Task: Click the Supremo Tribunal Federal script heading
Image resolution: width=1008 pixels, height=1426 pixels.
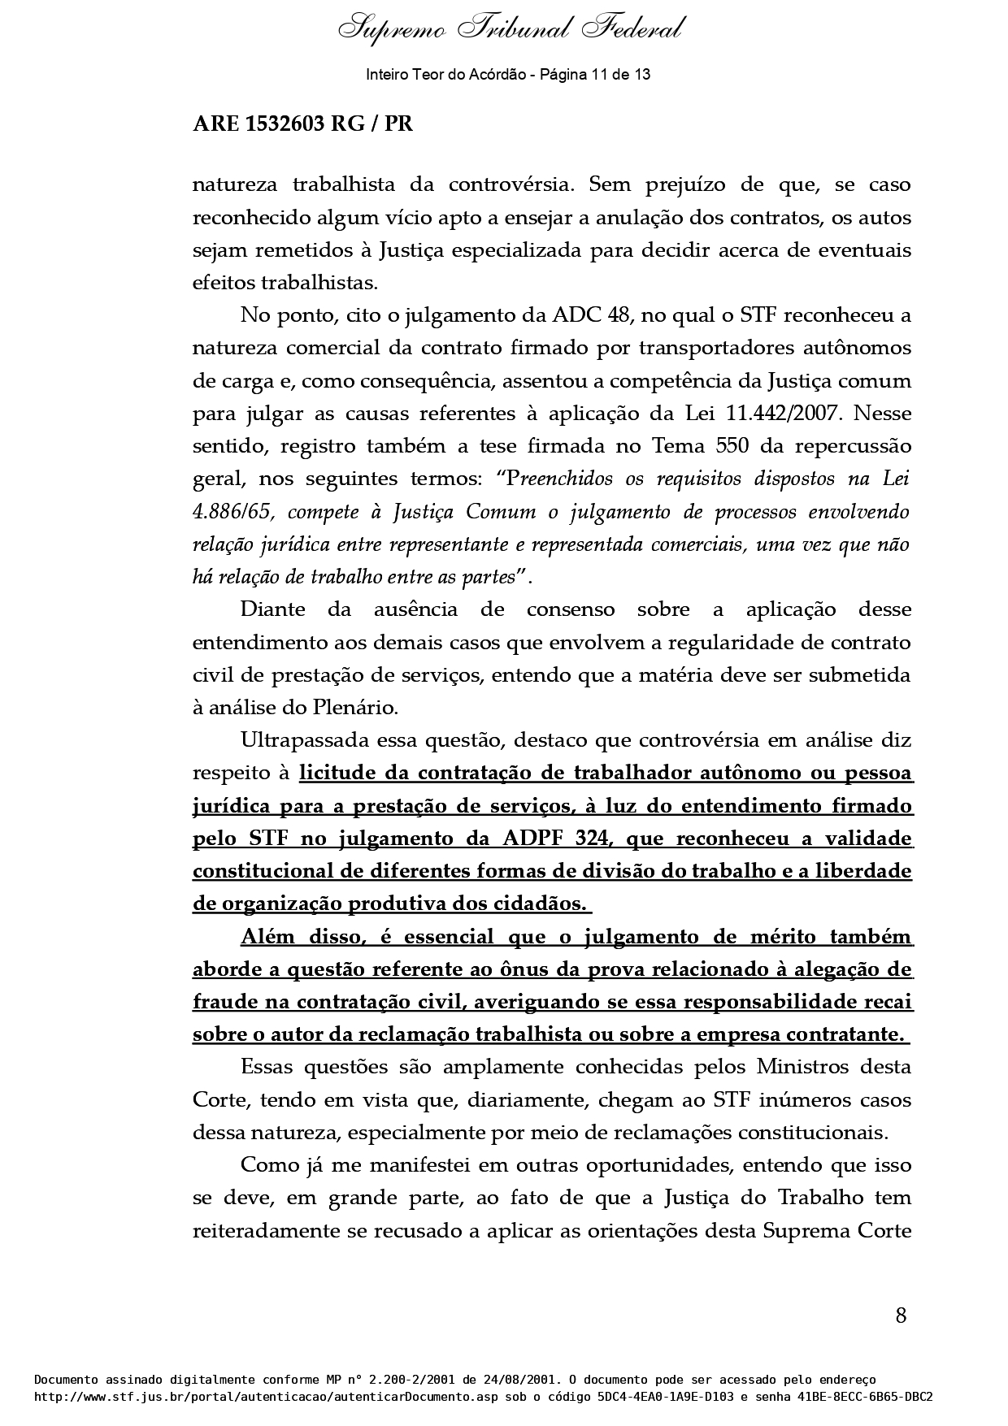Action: (x=511, y=30)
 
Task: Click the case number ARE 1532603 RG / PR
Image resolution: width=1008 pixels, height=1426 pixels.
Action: (x=302, y=124)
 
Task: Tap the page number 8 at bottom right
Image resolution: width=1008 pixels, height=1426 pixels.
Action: (x=901, y=1315)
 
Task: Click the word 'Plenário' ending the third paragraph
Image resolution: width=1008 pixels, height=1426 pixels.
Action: (x=356, y=708)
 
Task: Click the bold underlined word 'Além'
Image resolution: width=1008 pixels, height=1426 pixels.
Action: (x=267, y=937)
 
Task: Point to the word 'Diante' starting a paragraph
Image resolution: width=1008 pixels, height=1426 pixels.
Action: (x=273, y=609)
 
